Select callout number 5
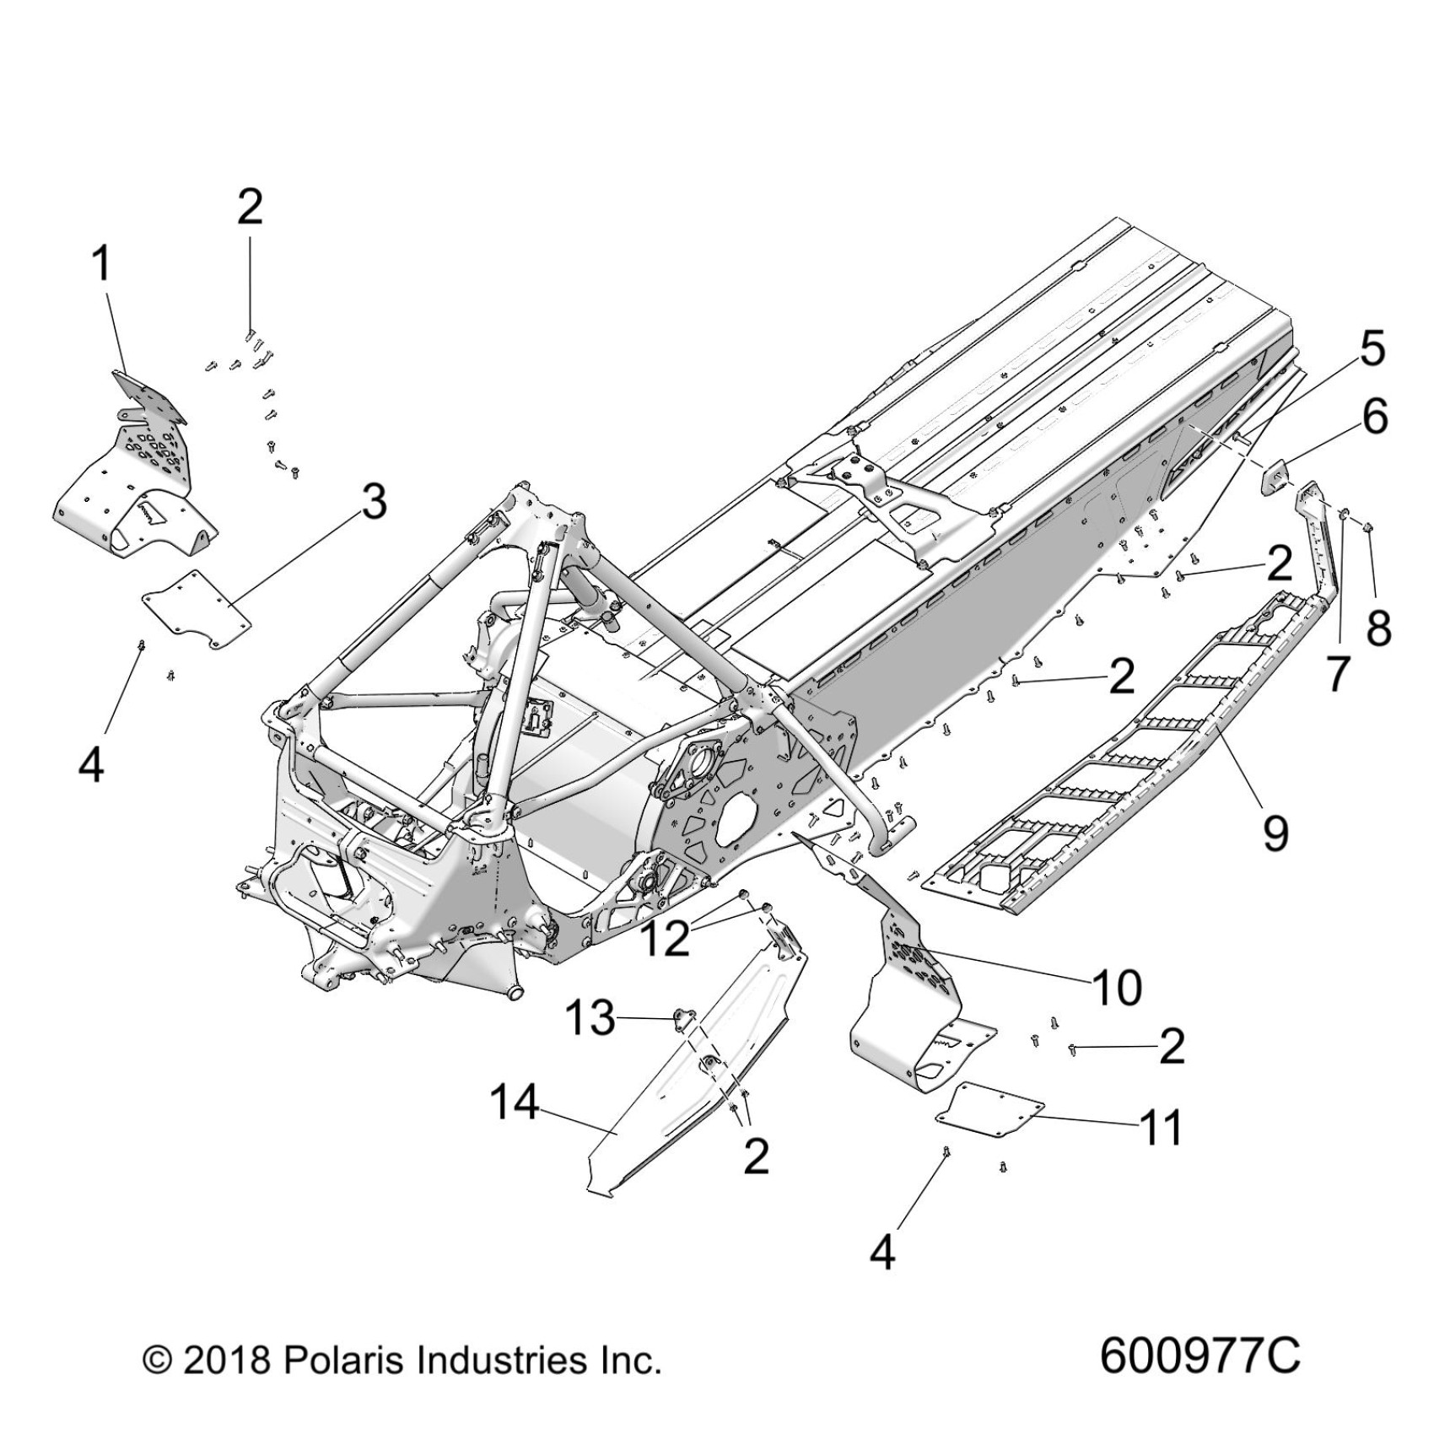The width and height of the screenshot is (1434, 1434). [x=1372, y=349]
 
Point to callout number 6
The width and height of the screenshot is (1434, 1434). [x=1375, y=417]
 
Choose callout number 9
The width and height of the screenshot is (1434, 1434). [x=1274, y=833]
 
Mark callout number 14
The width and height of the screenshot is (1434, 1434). [x=515, y=1102]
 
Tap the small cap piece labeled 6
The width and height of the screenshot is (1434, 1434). [x=1275, y=482]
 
